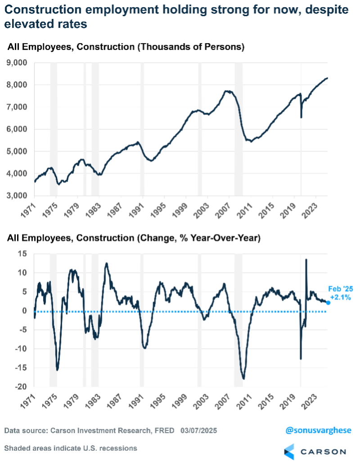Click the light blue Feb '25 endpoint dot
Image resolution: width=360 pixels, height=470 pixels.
pos(328,303)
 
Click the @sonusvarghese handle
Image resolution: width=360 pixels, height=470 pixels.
pos(318,430)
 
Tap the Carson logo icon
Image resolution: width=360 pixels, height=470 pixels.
pos(289,451)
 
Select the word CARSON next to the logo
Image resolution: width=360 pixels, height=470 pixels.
pos(323,451)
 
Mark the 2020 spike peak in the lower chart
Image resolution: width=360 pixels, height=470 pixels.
pos(306,260)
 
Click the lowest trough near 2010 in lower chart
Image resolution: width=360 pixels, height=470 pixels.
pos(243,379)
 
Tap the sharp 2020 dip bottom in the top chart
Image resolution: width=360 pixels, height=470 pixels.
pos(301,117)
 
